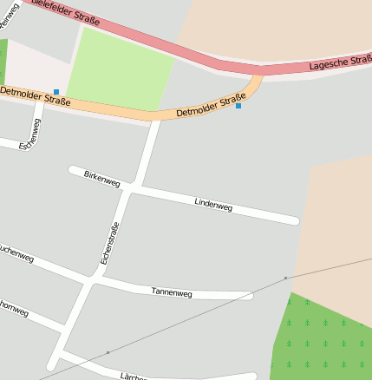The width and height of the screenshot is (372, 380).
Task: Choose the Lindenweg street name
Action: pos(213,204)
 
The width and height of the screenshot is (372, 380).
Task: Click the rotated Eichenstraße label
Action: pos(108,243)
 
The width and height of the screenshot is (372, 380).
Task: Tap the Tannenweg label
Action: pos(171,292)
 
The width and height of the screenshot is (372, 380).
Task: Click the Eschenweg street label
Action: pos(31,135)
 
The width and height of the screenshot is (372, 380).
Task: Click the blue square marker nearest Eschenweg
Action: pos(56,91)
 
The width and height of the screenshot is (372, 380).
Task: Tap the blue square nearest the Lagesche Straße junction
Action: pos(238,106)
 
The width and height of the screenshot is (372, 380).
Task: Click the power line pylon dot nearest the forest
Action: pos(285,278)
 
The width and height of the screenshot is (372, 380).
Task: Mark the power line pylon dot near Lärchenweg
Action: pos(108,352)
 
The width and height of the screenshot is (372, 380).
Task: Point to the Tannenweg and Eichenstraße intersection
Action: pos(93,279)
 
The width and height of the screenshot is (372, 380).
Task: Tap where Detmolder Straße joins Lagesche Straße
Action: pos(259,74)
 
